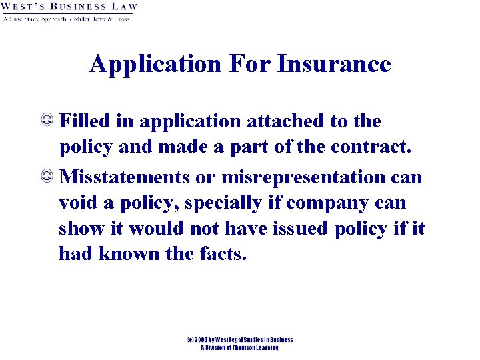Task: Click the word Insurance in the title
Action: coord(334,64)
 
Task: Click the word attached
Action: coord(285,121)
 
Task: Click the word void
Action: coord(77,203)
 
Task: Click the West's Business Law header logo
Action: coord(69,7)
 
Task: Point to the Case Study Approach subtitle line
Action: coord(66,19)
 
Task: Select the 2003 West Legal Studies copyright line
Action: coord(239,340)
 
